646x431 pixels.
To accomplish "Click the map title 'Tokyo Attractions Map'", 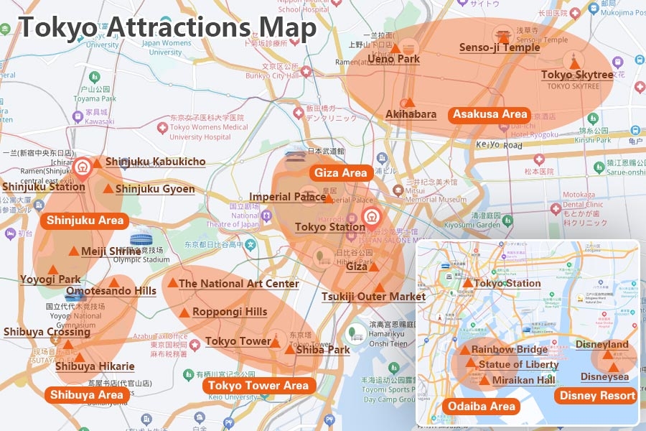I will click(x=167, y=27).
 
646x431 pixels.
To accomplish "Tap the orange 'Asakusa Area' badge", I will click(x=490, y=114).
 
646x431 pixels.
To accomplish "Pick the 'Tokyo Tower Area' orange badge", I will click(x=259, y=386).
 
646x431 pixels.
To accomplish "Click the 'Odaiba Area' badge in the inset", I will click(x=481, y=407).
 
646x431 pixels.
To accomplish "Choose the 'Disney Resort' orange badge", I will click(x=597, y=396).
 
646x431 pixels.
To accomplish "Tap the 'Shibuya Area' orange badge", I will click(x=86, y=394).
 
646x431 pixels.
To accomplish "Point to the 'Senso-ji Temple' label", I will click(x=500, y=48).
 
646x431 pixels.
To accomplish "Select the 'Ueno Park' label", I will click(x=393, y=60).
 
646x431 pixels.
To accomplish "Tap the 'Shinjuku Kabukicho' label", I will click(x=155, y=162).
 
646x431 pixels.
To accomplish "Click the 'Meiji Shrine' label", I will click(x=111, y=252).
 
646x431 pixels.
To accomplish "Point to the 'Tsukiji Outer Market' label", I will click(x=373, y=297).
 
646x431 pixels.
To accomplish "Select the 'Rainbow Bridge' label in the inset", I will click(x=509, y=350).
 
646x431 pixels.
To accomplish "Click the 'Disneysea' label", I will click(x=604, y=377).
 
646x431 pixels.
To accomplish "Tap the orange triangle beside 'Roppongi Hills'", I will click(x=184, y=312).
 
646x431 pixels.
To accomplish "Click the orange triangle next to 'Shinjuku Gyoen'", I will click(x=108, y=189).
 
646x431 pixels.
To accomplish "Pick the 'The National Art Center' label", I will click(x=238, y=284).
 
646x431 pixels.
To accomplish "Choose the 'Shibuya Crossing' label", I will click(x=47, y=332).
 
